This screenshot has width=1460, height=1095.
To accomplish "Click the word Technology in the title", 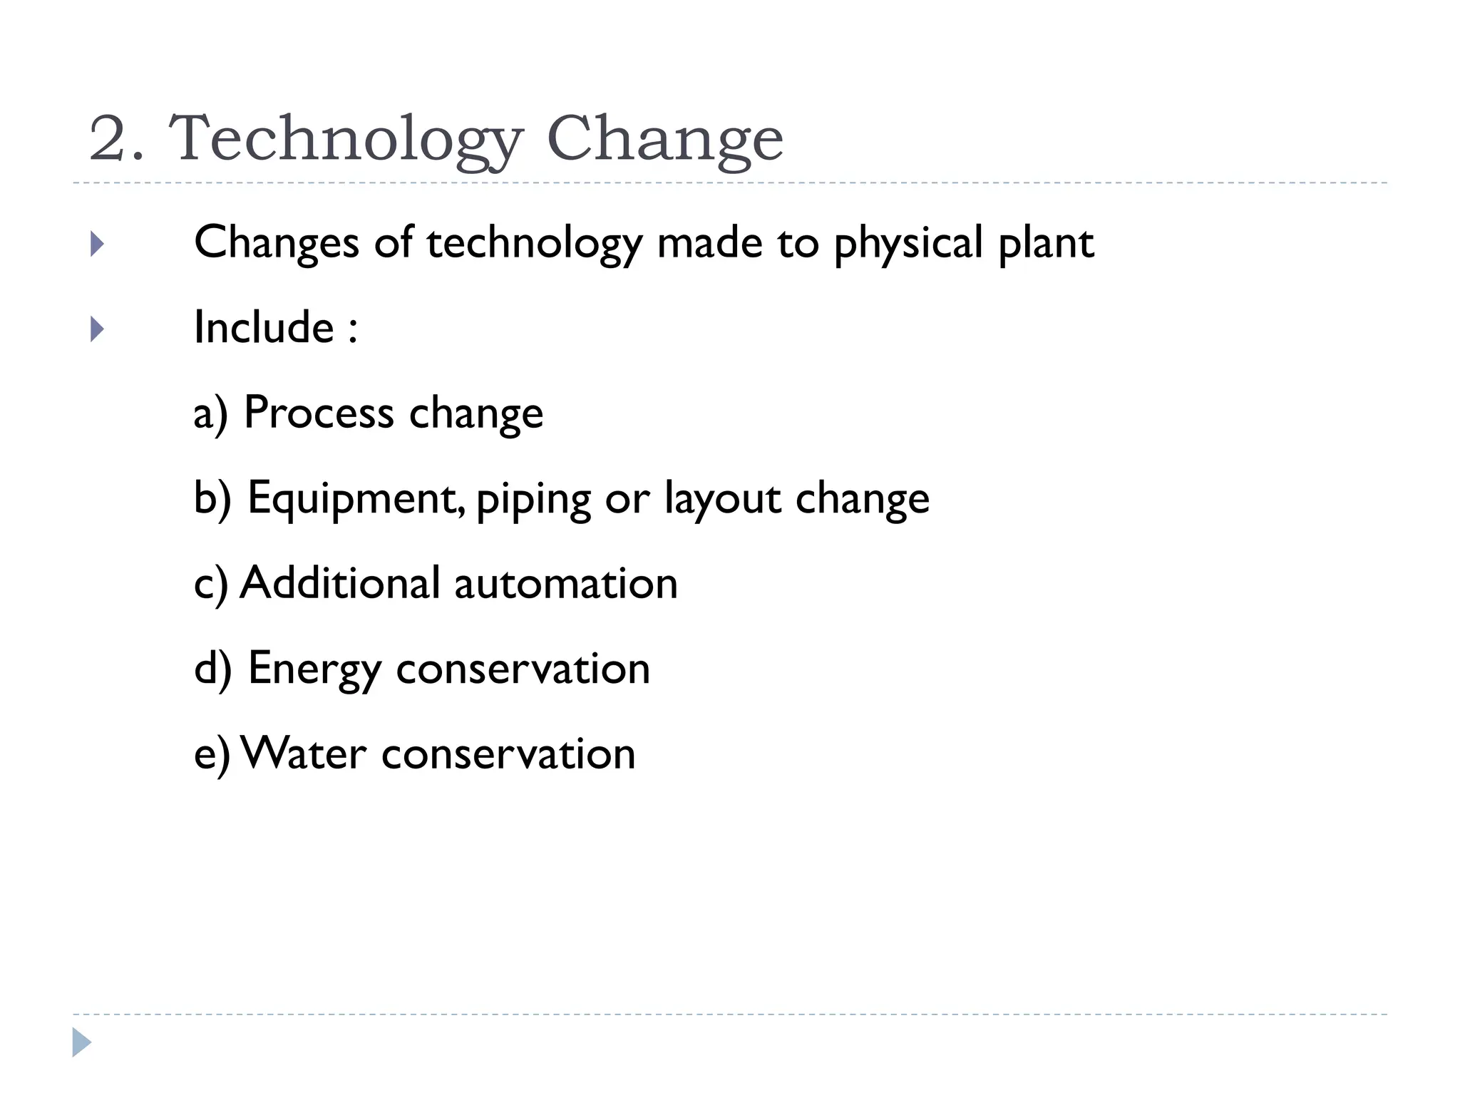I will click(345, 139).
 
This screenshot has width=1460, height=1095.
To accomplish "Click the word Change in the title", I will click(664, 139).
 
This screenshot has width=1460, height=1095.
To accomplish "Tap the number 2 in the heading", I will click(108, 139).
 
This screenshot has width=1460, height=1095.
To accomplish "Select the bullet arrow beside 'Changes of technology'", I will click(98, 245).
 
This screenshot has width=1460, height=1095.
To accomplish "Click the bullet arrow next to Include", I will click(98, 329).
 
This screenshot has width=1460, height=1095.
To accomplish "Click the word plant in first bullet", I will click(1046, 245).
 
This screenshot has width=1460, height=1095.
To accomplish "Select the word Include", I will click(264, 328).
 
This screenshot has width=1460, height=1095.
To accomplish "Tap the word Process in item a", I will click(319, 413).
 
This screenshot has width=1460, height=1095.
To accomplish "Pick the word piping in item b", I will click(533, 500).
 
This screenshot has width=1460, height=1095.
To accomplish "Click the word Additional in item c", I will click(340, 583).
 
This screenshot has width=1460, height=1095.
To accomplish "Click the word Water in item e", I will click(304, 754).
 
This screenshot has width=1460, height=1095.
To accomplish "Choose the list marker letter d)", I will click(212, 669).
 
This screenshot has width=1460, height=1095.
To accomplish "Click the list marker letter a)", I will click(210, 414).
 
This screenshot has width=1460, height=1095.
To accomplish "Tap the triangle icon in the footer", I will click(81, 1042).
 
